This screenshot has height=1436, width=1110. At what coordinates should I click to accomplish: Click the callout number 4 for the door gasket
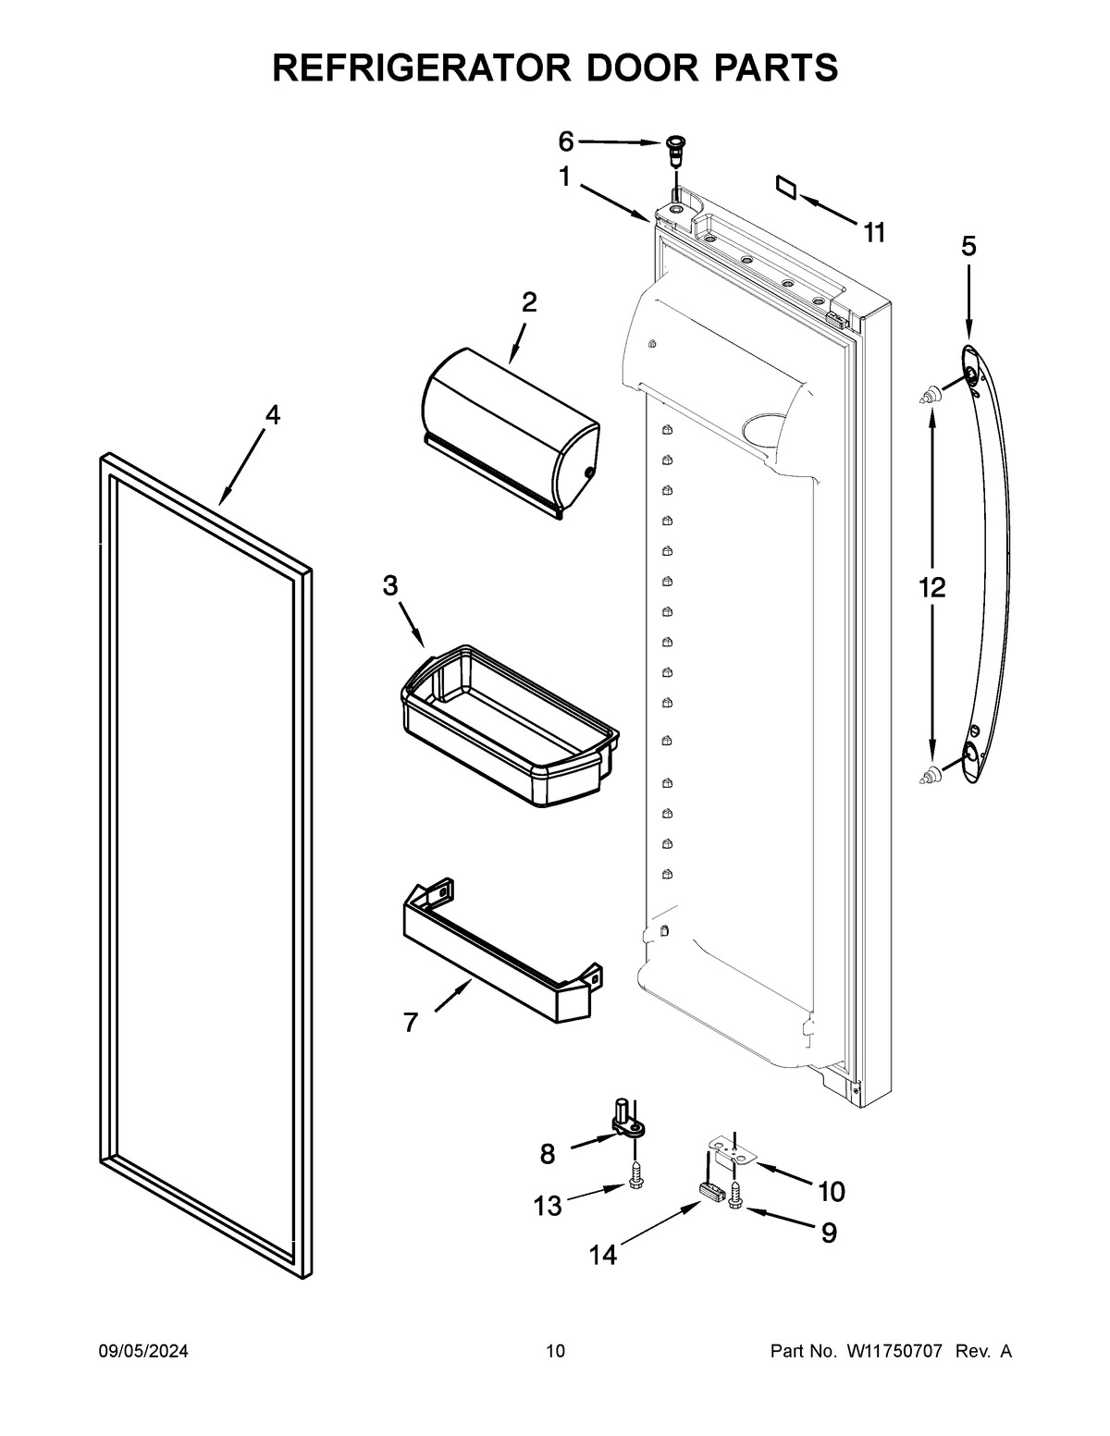(x=271, y=415)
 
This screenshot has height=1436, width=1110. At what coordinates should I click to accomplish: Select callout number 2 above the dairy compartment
(x=529, y=301)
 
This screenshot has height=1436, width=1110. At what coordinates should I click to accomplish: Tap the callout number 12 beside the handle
(x=931, y=586)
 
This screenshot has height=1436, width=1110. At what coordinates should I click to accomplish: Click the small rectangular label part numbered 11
(x=787, y=187)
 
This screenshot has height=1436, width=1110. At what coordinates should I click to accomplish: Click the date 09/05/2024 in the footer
(x=143, y=1352)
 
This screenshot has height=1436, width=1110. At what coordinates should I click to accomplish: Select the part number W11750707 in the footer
(x=894, y=1352)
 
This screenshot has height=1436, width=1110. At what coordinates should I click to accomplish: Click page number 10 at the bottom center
(x=555, y=1352)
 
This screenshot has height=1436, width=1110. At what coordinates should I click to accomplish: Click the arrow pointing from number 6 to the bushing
(x=620, y=142)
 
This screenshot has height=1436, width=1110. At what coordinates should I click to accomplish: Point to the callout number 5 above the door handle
(x=968, y=246)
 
